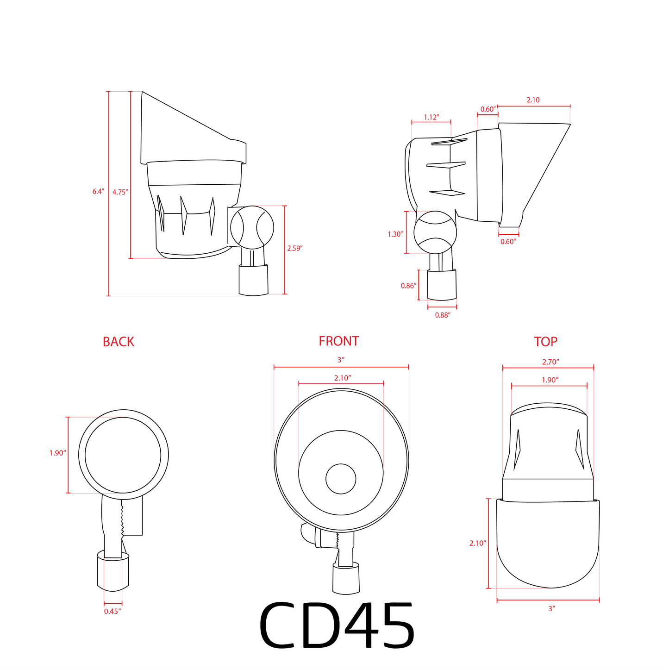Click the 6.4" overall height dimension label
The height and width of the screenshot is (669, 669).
pos(98,192)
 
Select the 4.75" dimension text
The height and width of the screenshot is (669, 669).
pos(120,192)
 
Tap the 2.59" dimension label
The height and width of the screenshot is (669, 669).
pos(294,249)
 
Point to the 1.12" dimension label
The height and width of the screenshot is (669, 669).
pos(431,118)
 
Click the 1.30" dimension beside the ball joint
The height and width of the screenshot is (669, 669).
pos(395,234)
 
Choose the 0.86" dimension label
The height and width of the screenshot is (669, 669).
pos(408,286)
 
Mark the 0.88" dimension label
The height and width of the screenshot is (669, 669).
pos(443,315)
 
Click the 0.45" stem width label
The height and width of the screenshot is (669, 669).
pos(113,611)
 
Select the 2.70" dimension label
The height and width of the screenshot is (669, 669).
pos(551,362)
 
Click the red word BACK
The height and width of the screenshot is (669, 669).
pos(119,342)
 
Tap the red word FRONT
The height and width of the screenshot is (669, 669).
pos(338,341)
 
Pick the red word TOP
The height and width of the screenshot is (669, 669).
pos(545,342)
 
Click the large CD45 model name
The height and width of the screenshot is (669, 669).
pos(337,625)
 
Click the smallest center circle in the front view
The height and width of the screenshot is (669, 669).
pos(341,479)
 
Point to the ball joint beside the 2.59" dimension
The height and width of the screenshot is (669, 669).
pos(252,227)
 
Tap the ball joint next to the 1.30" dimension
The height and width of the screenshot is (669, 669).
pos(435,232)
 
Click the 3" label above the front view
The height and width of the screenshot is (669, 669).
pos(341,360)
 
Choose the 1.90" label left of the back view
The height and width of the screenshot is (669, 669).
pos(58,453)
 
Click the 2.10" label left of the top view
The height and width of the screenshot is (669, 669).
pos(477,544)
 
